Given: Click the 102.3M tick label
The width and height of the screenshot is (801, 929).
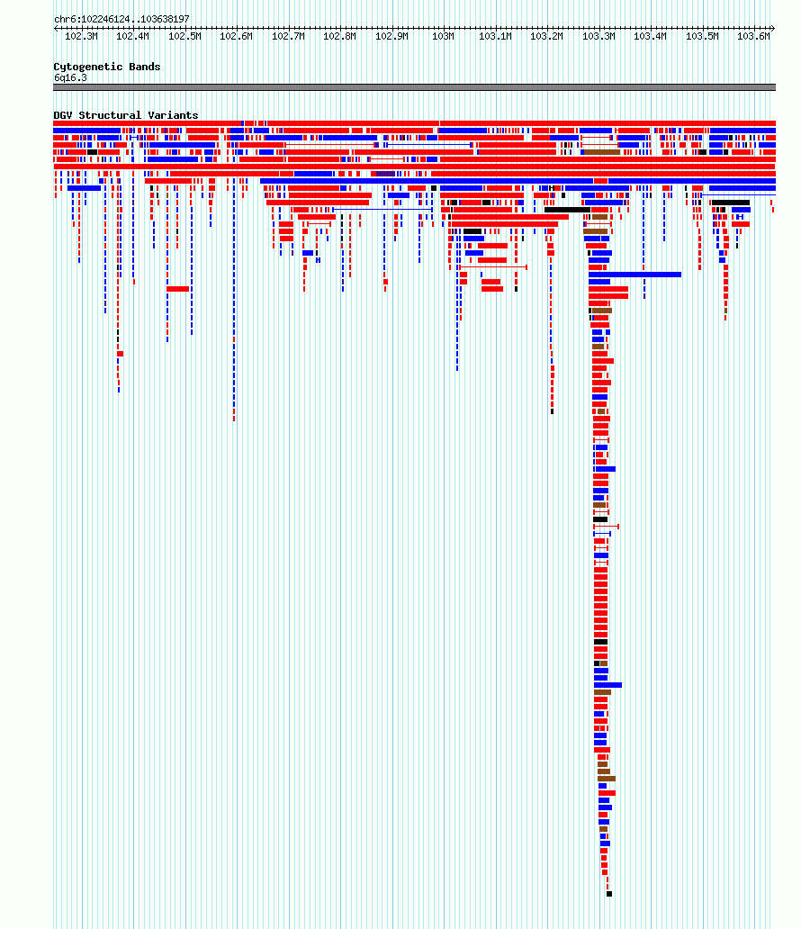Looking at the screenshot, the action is pos(81,37).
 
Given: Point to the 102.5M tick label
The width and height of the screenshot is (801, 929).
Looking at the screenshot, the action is pos(184,37).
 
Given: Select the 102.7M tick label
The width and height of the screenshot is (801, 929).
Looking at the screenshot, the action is pos(289,37).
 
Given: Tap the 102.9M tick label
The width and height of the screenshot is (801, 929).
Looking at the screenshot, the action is pos(391,37).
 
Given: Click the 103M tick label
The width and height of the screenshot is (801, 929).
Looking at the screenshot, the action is pos(443,37).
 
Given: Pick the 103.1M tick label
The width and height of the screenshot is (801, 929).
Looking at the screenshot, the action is pos(495,37).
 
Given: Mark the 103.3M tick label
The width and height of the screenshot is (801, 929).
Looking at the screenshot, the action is pos(598,37).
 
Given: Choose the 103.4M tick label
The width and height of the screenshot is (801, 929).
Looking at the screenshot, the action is pos(650,37).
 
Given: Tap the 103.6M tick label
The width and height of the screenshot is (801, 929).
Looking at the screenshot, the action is pos(753,37).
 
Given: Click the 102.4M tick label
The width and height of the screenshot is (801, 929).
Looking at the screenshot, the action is pos(132,37).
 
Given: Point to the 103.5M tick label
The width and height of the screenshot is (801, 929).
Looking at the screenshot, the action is pos(702,37).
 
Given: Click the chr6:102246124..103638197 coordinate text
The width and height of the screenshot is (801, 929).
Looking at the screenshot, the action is pos(121,20).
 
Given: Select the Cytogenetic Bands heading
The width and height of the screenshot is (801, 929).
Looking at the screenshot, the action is pos(106,67).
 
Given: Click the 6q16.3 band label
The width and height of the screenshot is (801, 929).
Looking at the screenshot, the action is pos(70,78).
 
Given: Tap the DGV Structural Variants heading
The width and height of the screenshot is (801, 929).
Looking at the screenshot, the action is pos(126,115).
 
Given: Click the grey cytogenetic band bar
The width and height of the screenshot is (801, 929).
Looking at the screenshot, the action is pos(414,87).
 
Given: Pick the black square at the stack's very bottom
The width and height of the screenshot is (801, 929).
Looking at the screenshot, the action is pos(609,894).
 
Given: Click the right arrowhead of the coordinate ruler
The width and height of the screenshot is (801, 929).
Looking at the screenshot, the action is pos(773,28).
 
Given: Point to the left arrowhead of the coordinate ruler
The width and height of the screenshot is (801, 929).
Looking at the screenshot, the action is pos(56,28).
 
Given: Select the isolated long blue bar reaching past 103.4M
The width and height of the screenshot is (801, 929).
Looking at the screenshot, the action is pos(634,275).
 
